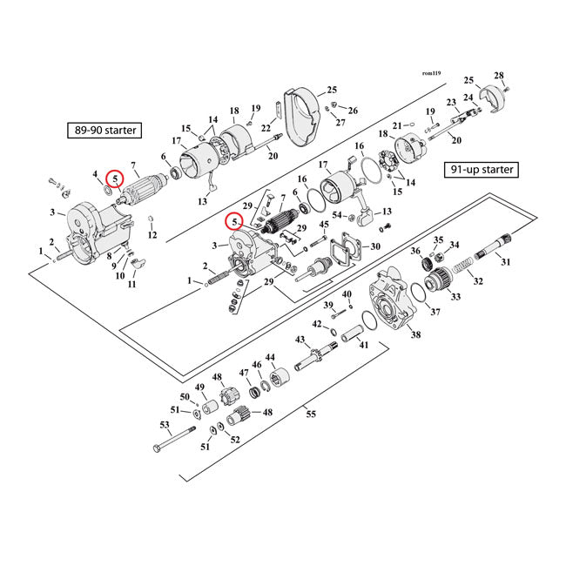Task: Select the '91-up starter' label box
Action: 481,169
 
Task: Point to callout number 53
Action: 164,425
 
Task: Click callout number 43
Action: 300,339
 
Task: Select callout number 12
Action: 152,236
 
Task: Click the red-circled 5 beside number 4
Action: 114,178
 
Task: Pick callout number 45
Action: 325,225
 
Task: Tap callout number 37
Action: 435,313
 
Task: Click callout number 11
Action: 132,285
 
